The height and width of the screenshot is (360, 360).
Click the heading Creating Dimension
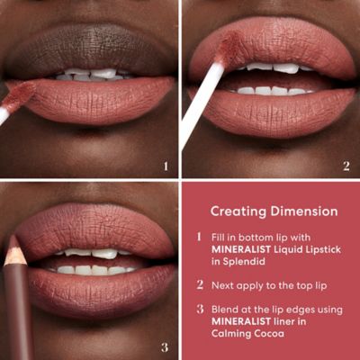click(x=274, y=211)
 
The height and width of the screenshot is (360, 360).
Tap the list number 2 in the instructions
click(x=199, y=284)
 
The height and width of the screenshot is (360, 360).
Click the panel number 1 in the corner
click(x=165, y=165)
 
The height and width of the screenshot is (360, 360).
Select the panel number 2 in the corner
click(x=346, y=165)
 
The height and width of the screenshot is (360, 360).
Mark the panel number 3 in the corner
click(x=165, y=346)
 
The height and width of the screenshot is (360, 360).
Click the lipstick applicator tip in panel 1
click(x=20, y=94)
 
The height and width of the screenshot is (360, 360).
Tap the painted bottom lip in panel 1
click(x=99, y=102)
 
